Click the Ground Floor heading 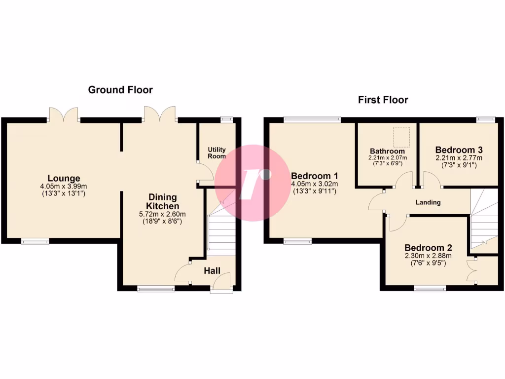click(120, 90)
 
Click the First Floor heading click(383, 100)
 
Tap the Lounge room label click(64, 178)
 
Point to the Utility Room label click(216, 152)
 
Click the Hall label click(212, 270)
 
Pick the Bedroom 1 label click(314, 176)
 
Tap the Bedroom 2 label click(428, 248)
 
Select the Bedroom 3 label click(459, 150)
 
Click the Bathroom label click(387, 151)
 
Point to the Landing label click(428, 202)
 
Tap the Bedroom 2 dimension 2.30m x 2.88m click(428, 256)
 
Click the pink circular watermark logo click(252, 183)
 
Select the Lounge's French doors click(64, 114)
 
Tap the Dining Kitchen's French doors click(160, 114)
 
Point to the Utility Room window click(227, 119)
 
